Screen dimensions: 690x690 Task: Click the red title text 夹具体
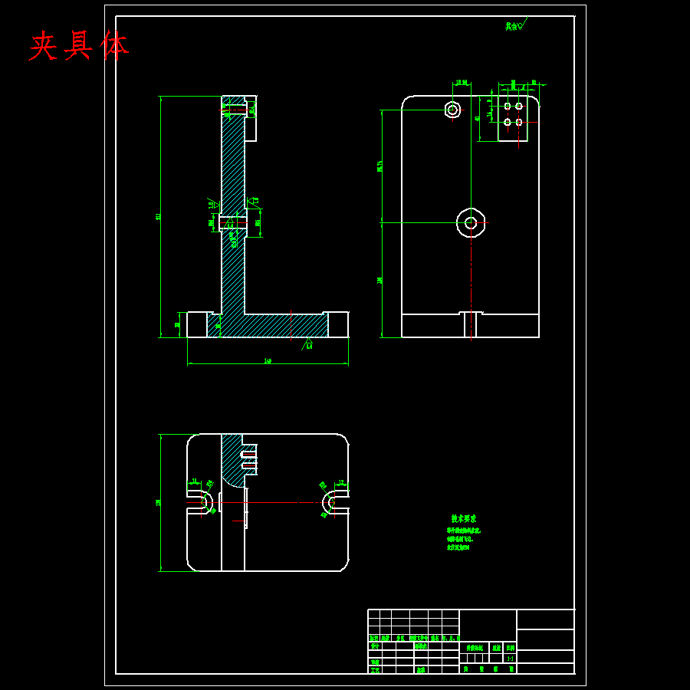pyautogui.click(x=79, y=46)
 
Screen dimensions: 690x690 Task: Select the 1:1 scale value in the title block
pyautogui.click(x=510, y=658)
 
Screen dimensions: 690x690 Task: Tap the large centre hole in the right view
pyautogui.click(x=471, y=223)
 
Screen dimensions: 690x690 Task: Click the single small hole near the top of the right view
pyautogui.click(x=452, y=110)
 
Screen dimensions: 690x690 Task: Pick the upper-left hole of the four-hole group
pyautogui.click(x=507, y=106)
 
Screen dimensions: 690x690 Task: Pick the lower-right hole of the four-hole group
pyautogui.click(x=519, y=122)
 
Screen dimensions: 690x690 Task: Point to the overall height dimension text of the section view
pyautogui.click(x=158, y=217)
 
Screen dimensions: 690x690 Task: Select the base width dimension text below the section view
pyautogui.click(x=268, y=360)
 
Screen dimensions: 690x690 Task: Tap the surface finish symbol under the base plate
pyautogui.click(x=308, y=342)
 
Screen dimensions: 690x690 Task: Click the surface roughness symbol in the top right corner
pyautogui.click(x=514, y=26)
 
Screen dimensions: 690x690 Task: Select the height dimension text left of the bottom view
pyautogui.click(x=158, y=503)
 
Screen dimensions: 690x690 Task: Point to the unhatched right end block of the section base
pyautogui.click(x=338, y=324)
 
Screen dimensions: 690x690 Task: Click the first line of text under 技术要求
pyautogui.click(x=464, y=531)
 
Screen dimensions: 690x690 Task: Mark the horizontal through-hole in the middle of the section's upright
pyautogui.click(x=232, y=223)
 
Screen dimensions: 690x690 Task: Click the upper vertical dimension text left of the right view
pyautogui.click(x=379, y=166)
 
